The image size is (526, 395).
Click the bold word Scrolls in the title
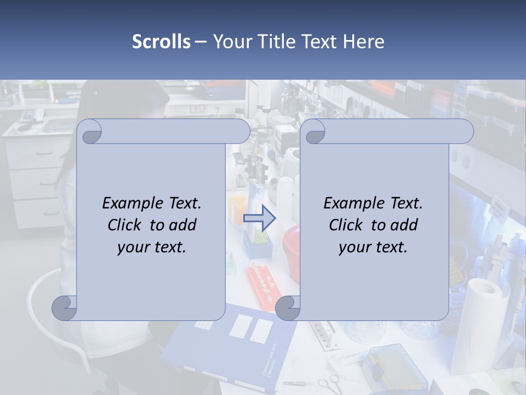click(x=161, y=42)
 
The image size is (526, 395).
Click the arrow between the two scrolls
click(x=259, y=218)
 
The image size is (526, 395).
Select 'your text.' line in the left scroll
click(x=151, y=247)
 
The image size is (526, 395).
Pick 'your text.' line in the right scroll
click(x=373, y=247)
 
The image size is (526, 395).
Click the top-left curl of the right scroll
click(x=314, y=132)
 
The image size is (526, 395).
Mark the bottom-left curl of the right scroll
click(x=287, y=308)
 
